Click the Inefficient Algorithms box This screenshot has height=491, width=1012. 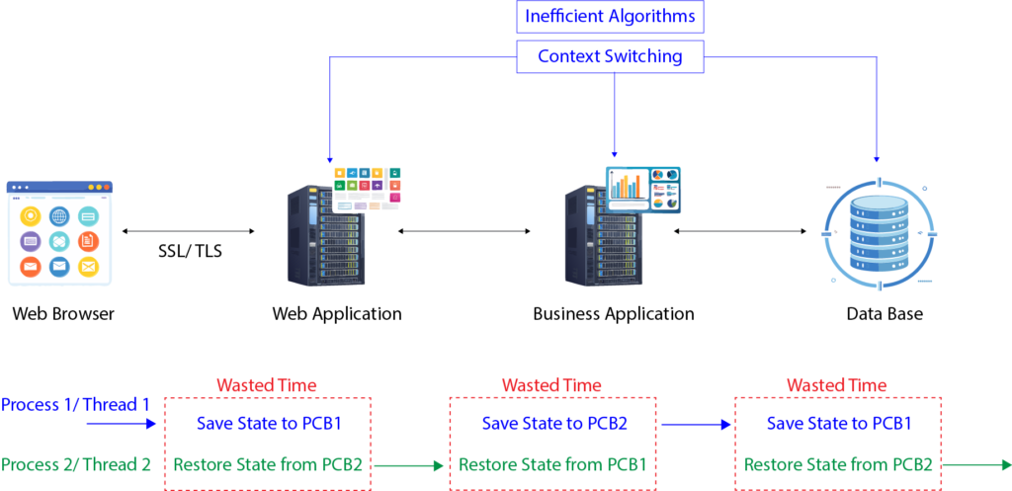point(610,17)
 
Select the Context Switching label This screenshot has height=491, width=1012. point(610,56)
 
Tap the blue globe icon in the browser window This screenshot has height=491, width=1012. point(59,216)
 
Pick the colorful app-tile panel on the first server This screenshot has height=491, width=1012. point(369,189)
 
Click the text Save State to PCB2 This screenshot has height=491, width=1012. point(553,424)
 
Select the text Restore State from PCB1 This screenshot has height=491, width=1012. point(553,463)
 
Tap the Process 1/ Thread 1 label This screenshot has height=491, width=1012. point(76,404)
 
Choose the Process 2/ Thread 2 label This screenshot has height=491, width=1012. point(76,463)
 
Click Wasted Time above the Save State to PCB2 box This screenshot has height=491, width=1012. point(551,385)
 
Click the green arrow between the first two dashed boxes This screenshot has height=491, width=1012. point(409,463)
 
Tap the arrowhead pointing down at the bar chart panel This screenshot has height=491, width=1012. point(616,154)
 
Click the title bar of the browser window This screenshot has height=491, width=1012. point(59,187)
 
